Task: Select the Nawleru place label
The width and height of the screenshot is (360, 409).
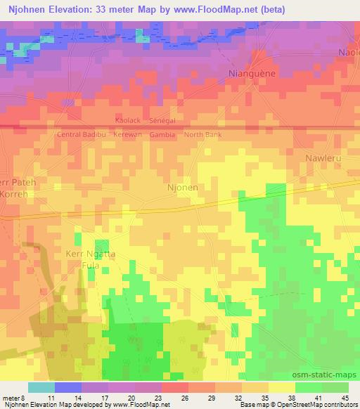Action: pyautogui.click(x=323, y=158)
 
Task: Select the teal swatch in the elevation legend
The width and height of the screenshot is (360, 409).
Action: pyautogui.click(x=41, y=387)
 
